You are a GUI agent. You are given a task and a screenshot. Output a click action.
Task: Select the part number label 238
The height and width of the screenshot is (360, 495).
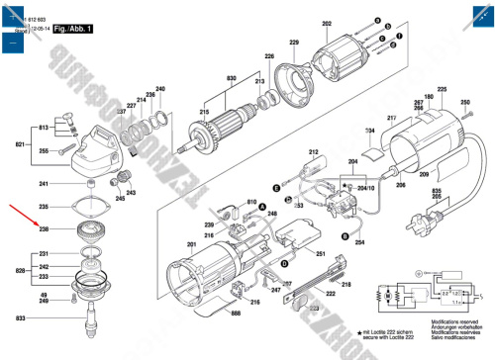(44, 228)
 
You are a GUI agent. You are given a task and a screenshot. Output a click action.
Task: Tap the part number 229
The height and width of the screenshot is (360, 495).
(293, 43)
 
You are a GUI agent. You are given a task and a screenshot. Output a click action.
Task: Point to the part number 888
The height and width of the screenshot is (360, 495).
(235, 314)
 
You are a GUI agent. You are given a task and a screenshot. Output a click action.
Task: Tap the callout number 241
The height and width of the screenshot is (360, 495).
(44, 184)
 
